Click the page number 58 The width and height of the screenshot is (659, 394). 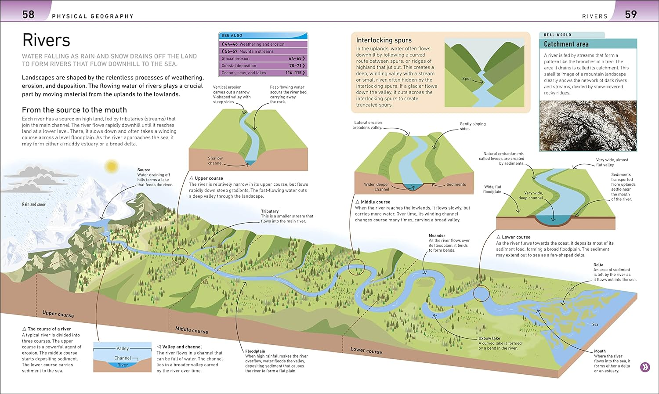[28, 14]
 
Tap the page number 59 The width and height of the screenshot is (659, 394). [630, 14]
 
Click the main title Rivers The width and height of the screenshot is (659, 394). [46, 40]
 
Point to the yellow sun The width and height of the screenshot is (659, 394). [111, 166]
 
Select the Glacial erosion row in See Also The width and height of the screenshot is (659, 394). [263, 58]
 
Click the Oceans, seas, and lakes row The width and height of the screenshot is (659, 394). [263, 73]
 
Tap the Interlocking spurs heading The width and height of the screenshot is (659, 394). [384, 40]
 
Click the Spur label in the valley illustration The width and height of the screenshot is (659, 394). [466, 79]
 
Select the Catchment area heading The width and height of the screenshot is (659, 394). [566, 44]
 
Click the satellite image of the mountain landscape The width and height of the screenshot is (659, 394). [587, 126]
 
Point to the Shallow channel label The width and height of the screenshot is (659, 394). [215, 161]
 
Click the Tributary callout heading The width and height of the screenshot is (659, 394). [269, 211]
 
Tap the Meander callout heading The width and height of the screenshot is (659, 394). [437, 235]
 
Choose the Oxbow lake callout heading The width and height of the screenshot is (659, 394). [489, 338]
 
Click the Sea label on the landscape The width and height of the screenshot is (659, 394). [595, 325]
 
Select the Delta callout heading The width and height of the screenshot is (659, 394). [598, 265]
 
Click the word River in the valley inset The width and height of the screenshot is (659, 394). [123, 365]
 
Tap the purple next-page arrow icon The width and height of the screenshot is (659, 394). [645, 367]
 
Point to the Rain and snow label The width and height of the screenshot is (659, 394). [34, 204]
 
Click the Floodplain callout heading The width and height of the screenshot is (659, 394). [255, 351]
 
